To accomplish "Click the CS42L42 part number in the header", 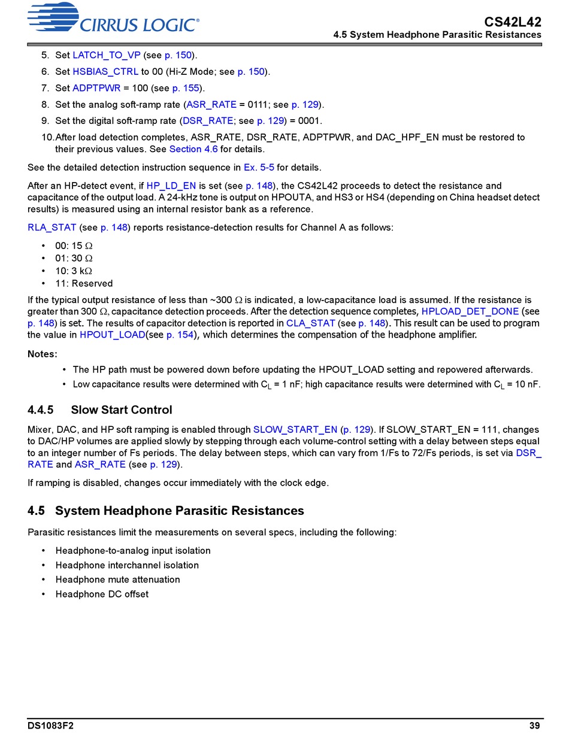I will click(x=513, y=22).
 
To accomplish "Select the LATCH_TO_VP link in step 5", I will click(x=107, y=55).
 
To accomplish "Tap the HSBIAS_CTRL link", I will click(x=105, y=72).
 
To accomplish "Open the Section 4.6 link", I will click(x=193, y=149).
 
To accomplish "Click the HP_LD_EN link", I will click(x=171, y=186).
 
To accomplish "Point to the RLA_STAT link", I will click(x=52, y=228).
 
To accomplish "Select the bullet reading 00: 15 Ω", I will click(x=74, y=245).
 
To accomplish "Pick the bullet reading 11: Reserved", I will click(x=83, y=283).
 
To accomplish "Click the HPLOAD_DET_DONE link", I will click(x=470, y=311).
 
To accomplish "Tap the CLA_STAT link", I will click(x=310, y=323).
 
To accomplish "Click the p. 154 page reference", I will click(x=180, y=335).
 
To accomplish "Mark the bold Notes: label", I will click(x=43, y=354).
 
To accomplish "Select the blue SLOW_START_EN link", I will click(x=295, y=429).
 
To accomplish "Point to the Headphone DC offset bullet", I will click(x=102, y=594).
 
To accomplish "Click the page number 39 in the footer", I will click(x=534, y=726).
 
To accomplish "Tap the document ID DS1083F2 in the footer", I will click(x=50, y=726).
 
